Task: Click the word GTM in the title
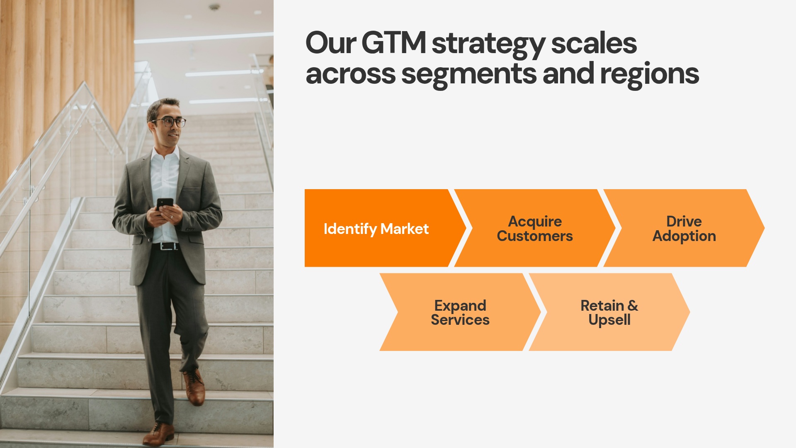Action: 394,43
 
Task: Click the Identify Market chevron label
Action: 376,229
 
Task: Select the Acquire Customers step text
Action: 535,229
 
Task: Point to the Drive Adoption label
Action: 684,229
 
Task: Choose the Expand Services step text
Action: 460,313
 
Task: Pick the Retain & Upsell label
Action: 609,313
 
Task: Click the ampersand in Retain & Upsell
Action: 633,306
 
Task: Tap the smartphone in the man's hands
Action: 165,203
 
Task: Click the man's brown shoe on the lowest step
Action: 159,434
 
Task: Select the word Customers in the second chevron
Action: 535,236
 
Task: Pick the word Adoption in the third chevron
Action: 684,236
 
